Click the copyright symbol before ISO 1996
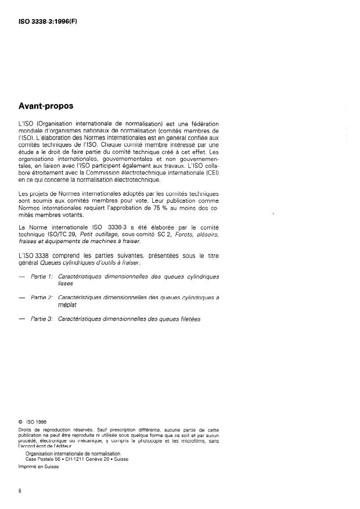point(21,422)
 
